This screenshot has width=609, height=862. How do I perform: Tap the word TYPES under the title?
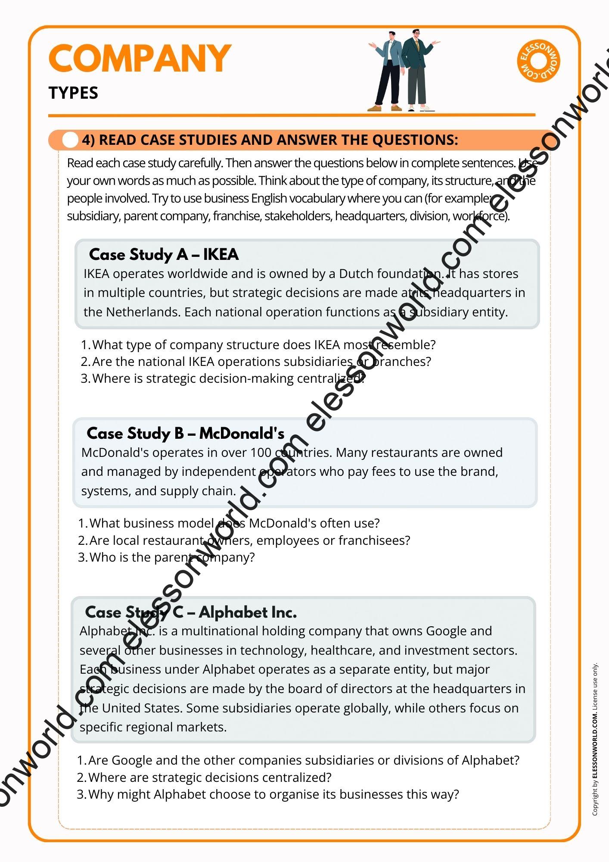click(x=73, y=93)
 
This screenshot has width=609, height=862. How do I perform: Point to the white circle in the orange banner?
click(x=70, y=140)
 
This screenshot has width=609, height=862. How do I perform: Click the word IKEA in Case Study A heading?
click(x=221, y=255)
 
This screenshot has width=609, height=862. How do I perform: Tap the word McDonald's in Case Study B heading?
click(x=242, y=434)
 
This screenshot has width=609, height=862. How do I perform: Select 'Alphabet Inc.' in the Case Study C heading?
click(x=248, y=612)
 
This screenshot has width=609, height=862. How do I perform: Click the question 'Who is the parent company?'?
click(x=172, y=557)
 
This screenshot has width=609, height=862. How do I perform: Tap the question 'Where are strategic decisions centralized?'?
click(x=210, y=778)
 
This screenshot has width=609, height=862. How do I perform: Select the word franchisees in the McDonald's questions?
click(x=374, y=540)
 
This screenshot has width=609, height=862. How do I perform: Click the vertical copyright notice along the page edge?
click(x=595, y=739)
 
